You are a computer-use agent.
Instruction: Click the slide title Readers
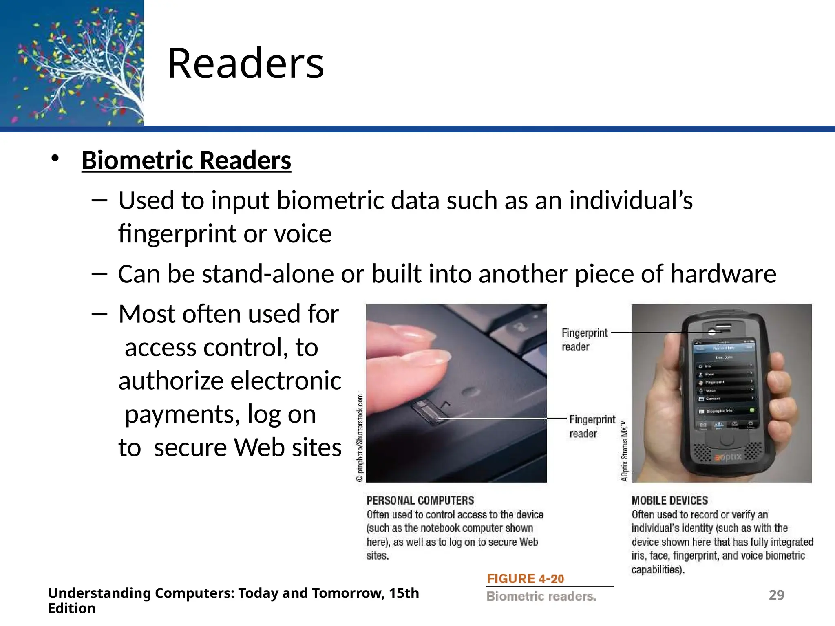coord(245,64)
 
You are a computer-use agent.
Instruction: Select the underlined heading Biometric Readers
coord(186,160)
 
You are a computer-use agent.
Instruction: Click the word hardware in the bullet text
coord(723,274)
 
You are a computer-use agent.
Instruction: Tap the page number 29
coord(776,595)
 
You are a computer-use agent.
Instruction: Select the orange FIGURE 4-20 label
coord(526,579)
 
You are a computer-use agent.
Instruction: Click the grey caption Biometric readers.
coord(541,597)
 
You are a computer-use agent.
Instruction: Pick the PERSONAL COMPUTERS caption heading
coord(420,500)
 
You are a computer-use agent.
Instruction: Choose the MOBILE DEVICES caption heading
coord(669,500)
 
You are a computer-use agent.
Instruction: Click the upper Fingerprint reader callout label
coord(584,340)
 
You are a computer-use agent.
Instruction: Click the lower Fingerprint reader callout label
coord(592,426)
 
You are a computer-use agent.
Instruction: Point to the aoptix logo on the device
coord(728,457)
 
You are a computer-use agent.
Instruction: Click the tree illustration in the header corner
coord(72,63)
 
